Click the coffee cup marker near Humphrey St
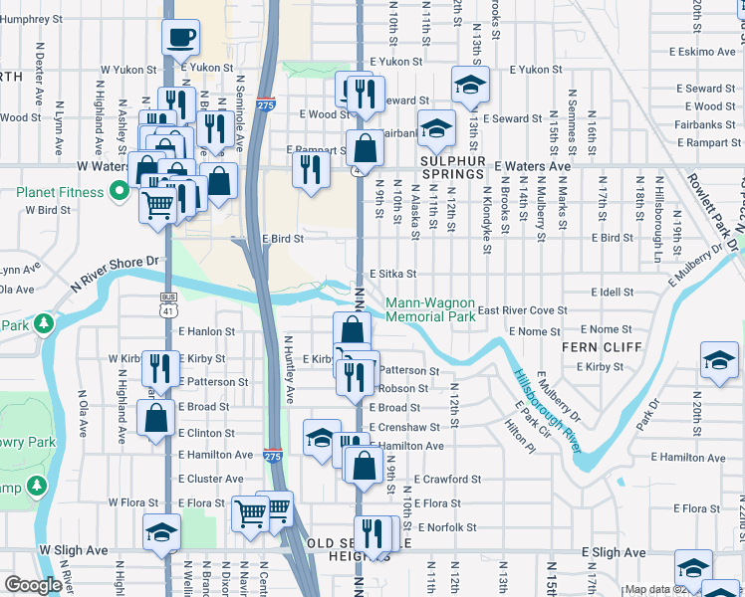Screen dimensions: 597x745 tap(179, 38)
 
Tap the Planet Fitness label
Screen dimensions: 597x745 tap(67, 191)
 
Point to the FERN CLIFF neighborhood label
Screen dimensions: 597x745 tap(594, 347)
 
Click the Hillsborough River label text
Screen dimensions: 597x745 tap(547, 410)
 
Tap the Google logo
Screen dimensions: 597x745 tap(33, 585)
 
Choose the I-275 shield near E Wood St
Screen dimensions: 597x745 tap(265, 103)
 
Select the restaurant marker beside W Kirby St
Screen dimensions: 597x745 tap(159, 367)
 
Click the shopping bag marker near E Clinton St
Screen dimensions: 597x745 tap(157, 419)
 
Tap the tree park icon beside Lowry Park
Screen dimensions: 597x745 tap(42, 324)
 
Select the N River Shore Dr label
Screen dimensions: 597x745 tap(115, 273)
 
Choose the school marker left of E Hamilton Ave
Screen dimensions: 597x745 tap(321, 438)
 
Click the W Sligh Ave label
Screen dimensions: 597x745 tap(73, 549)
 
